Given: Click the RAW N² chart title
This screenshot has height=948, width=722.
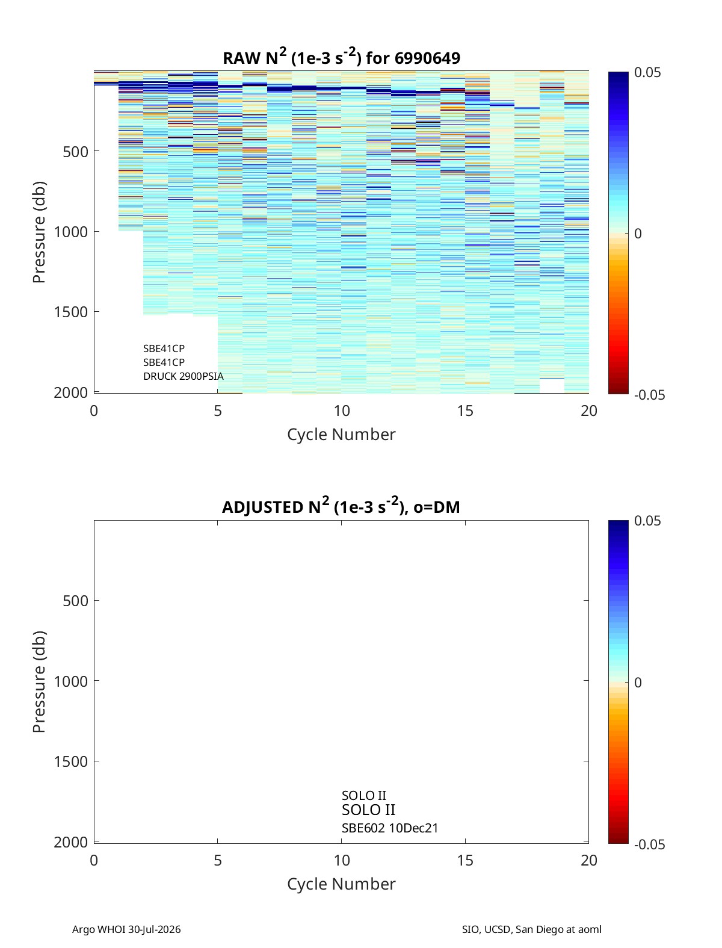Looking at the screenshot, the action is coord(341,57).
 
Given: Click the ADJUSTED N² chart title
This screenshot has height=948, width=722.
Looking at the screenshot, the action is coord(341,506).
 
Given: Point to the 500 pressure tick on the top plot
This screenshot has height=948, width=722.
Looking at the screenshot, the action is coord(76,152).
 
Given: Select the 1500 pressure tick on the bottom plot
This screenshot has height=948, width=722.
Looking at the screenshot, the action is coord(71,761).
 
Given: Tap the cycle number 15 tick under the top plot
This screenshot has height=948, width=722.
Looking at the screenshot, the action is coord(465,410).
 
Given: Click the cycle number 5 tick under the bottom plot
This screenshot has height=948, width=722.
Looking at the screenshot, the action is coord(218,860).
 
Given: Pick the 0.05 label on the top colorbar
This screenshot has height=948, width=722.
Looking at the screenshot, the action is coord(647,72).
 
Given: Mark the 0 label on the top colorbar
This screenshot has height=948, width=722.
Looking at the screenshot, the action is coord(638,234).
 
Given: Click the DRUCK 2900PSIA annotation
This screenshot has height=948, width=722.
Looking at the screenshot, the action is coord(184,376).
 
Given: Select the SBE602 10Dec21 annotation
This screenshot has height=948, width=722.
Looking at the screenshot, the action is coord(390,828).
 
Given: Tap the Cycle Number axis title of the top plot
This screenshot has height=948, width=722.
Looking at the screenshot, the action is coord(341,435).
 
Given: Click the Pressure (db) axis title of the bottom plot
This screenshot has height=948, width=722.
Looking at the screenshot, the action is coord(39,681).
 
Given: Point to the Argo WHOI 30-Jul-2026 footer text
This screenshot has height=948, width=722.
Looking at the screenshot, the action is coord(126,929).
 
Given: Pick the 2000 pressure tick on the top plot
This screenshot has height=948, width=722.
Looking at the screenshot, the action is coord(71,392).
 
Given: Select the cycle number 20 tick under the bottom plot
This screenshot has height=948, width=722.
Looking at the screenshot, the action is coord(588,860).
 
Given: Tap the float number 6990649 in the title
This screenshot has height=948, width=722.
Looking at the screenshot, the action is coord(427,58).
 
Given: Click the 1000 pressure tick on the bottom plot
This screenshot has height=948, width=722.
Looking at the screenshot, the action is coord(71,681).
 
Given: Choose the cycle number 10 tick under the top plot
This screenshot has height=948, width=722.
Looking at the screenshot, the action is coord(341,410).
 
